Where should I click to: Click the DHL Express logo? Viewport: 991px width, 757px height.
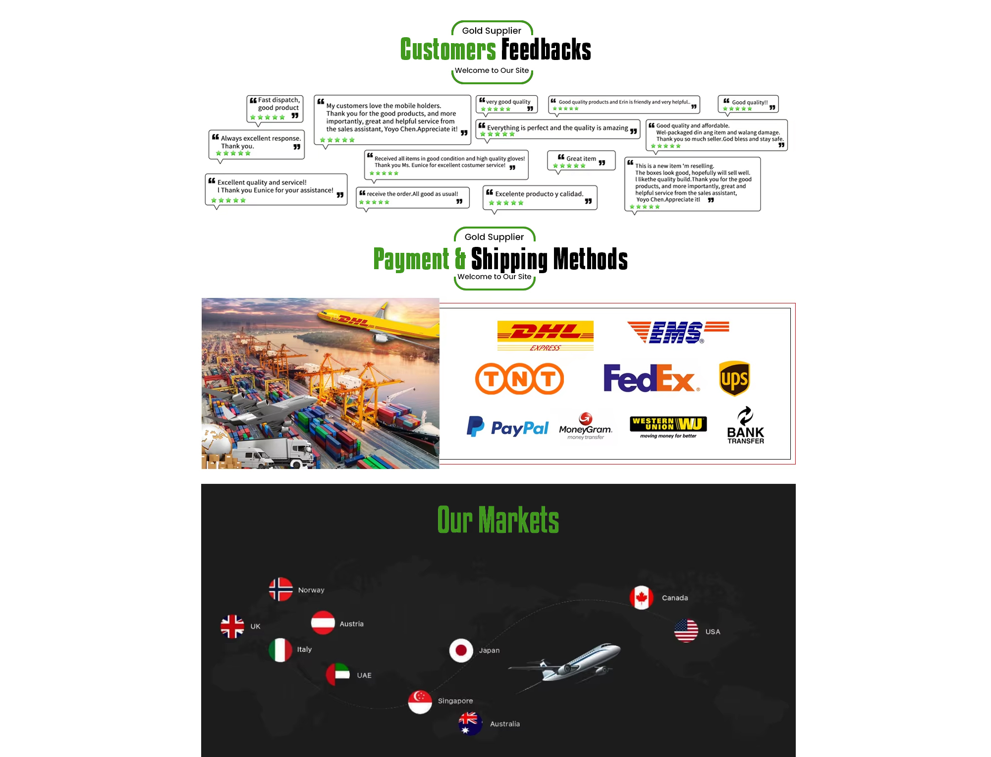coord(545,335)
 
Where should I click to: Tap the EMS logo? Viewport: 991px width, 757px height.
coord(677,332)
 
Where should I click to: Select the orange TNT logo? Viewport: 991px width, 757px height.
coord(519,379)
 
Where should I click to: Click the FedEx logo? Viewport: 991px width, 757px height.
coord(651,378)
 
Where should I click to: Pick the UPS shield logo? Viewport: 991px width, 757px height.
coord(734,379)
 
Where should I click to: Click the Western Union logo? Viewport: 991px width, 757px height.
coord(668,427)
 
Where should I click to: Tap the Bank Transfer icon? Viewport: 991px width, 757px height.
coord(745,425)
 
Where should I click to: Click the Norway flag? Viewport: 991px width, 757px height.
coord(280,589)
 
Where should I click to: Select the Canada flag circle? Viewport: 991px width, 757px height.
coord(641,597)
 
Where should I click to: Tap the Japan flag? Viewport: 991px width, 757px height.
coord(461,650)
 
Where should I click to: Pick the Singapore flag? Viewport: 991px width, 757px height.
coord(420,701)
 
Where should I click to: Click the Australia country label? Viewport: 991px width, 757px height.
coord(505,724)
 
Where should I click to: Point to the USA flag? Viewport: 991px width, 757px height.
coord(686,631)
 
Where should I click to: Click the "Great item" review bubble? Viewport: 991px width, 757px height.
coord(581,161)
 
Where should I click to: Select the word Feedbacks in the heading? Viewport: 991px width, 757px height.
coord(546,50)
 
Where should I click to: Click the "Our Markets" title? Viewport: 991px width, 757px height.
coord(498,520)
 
